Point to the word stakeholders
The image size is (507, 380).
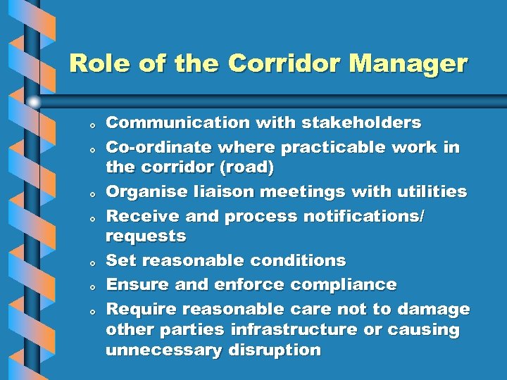tap(361, 123)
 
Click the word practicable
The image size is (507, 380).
tap(336, 148)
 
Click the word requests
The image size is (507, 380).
tap(146, 236)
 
